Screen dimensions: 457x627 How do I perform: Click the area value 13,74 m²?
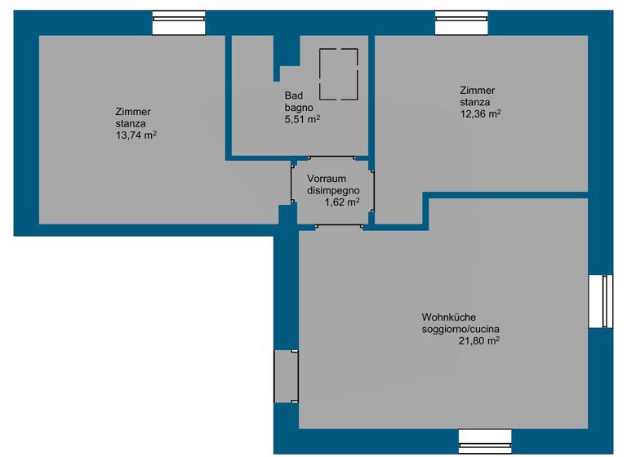coord(136,135)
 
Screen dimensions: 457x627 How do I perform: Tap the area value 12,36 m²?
coord(481,114)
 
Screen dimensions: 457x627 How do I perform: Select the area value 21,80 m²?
coord(479,341)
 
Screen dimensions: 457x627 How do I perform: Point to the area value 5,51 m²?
coord(301,119)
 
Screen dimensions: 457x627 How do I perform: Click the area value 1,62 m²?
coord(342,202)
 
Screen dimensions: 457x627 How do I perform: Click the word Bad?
coord(293,95)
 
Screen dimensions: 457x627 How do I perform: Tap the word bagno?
coord(299,107)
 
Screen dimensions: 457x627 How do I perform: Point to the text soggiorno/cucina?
coord(456,329)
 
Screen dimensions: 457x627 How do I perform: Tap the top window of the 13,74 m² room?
coord(179,24)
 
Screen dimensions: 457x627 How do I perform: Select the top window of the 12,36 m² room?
coord(461,24)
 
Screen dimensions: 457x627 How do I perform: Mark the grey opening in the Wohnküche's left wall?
coord(287,376)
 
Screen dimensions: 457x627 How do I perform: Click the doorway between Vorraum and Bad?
coord(331,158)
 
